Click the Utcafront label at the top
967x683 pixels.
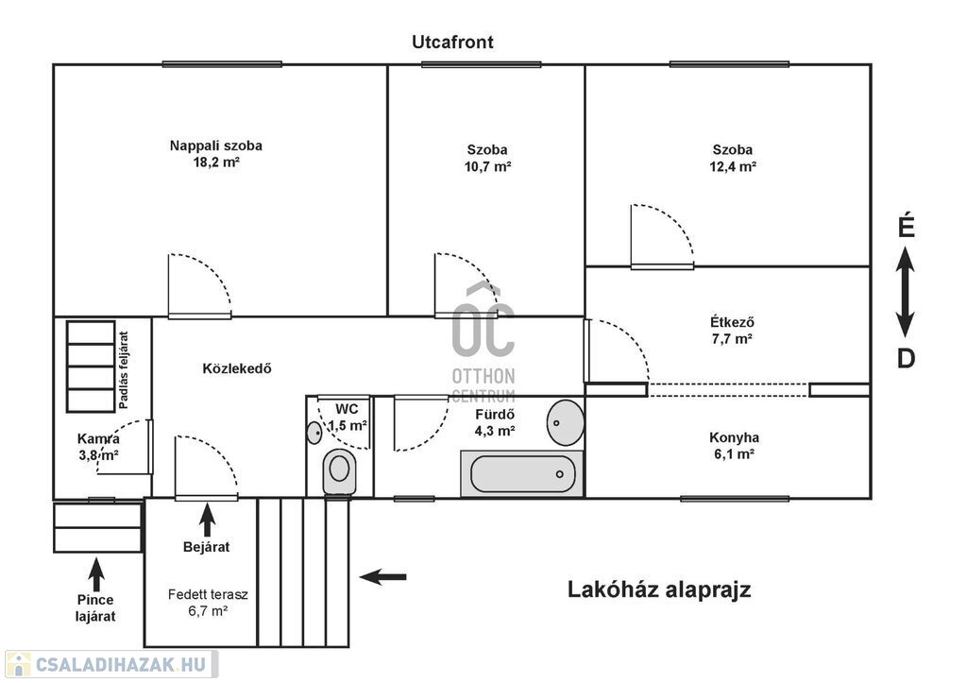click(452, 42)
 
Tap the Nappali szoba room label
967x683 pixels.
click(216, 145)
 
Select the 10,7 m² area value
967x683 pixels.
click(488, 166)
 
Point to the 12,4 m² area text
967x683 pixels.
click(733, 166)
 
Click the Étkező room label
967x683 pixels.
click(732, 321)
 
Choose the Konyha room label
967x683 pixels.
click(734, 437)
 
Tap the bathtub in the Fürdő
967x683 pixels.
click(522, 474)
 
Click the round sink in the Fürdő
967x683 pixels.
click(566, 422)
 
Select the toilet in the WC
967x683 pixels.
click(339, 472)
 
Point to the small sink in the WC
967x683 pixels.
click(314, 433)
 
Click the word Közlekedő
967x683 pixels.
click(237, 368)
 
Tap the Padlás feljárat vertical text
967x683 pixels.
click(124, 370)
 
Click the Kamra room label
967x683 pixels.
click(98, 438)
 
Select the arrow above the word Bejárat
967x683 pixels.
click(207, 521)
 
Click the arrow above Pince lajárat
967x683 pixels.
click(95, 574)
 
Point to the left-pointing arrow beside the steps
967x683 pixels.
click(383, 577)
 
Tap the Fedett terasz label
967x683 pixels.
click(208, 595)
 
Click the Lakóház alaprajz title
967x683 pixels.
click(659, 589)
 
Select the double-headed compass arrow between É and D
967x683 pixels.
click(906, 292)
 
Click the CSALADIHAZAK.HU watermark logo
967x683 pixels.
click(111, 664)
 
